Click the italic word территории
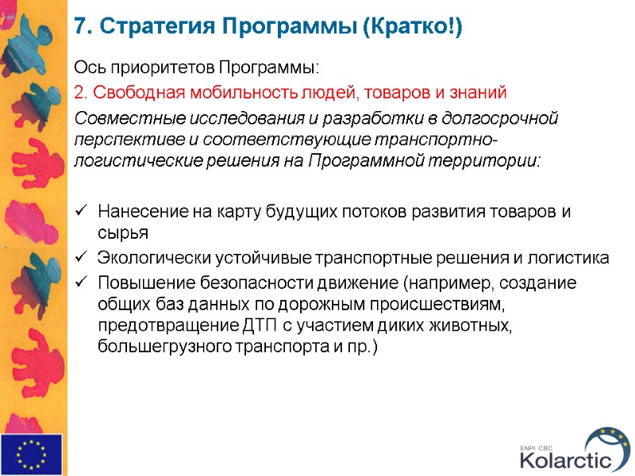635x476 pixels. click(x=495, y=160)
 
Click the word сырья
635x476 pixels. click(x=123, y=233)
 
